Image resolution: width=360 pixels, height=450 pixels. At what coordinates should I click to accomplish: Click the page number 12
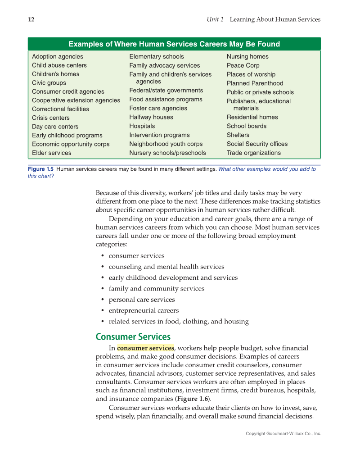[x=31, y=19]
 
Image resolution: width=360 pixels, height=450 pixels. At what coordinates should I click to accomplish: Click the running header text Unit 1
[x=215, y=19]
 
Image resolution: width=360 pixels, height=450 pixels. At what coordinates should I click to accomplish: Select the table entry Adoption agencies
[x=57, y=57]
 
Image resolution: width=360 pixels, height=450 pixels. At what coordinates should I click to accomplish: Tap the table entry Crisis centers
[x=50, y=118]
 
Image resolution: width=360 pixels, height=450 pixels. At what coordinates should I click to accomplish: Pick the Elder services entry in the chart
[x=51, y=153]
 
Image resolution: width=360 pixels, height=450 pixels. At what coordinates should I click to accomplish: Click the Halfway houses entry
[x=151, y=117]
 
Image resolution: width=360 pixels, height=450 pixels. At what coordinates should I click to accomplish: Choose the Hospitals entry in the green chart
[x=142, y=126]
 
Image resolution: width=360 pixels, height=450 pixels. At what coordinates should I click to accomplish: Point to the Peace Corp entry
[x=243, y=65]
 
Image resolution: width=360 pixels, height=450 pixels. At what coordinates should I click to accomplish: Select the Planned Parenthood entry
[x=255, y=83]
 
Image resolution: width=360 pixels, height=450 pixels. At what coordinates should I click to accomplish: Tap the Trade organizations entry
[x=253, y=153]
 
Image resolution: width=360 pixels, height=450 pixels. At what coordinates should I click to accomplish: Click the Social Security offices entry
[x=257, y=144]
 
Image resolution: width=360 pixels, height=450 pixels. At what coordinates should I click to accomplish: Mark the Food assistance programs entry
[x=166, y=100]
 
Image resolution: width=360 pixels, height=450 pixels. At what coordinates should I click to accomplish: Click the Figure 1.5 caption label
[x=40, y=169]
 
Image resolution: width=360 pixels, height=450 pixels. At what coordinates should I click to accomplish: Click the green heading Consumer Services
[x=133, y=337]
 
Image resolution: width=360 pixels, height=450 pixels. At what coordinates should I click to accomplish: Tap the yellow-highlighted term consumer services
[x=145, y=348]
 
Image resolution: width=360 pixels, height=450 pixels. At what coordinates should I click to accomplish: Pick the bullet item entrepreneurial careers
[x=144, y=310]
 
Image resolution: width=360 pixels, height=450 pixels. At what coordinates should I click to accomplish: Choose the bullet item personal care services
[x=142, y=300]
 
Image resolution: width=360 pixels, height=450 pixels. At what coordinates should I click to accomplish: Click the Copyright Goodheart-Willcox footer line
[x=283, y=434]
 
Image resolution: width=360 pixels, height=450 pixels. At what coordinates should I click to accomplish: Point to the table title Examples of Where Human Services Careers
[x=174, y=44]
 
